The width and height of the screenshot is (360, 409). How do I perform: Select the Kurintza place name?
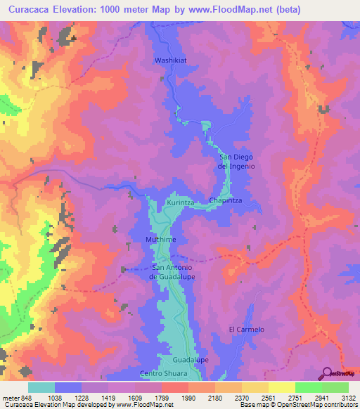(180, 202)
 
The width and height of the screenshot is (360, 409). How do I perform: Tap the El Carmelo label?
(246, 330)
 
